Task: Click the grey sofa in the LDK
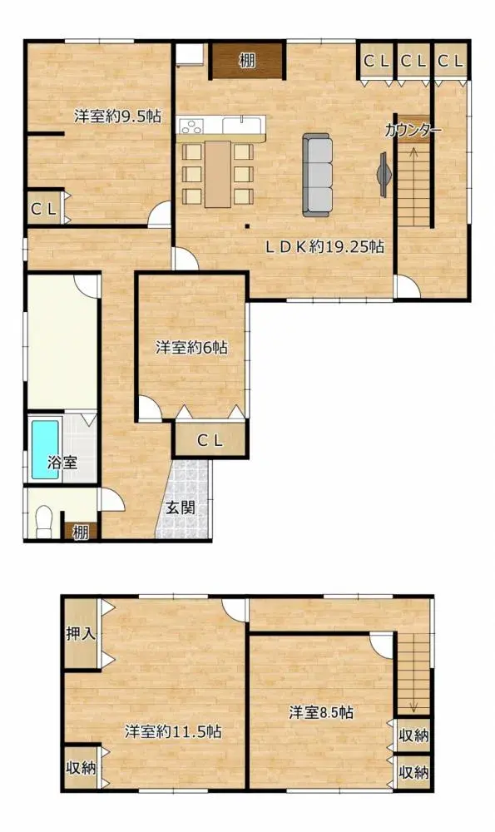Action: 317,175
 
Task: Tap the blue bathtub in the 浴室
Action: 45,450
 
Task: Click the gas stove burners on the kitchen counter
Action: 191,126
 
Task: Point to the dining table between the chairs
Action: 217,174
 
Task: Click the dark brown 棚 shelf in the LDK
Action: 247,61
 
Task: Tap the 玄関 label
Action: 181,508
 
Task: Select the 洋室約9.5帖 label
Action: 117,116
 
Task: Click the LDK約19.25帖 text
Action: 324,246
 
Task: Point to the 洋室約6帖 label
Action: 191,348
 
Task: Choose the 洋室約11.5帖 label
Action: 173,731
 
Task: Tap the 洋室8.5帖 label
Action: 321,712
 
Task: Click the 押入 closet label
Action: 81,633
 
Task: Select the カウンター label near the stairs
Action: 413,131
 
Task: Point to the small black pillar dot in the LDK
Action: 247,226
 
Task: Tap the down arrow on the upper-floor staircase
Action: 413,706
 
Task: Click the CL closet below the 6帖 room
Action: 210,439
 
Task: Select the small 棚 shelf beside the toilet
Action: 81,531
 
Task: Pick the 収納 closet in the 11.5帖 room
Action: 81,767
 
